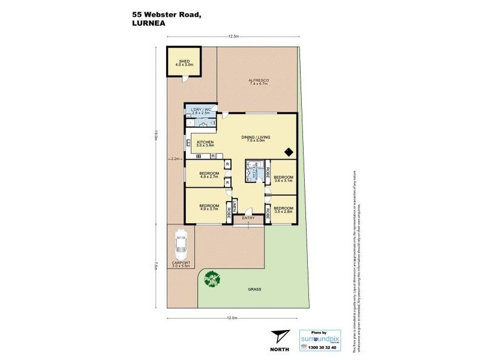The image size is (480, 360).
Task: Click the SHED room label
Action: tap(184, 62)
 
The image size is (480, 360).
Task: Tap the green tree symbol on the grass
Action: tap(211, 278)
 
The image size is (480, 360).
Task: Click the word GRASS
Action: tap(254, 289)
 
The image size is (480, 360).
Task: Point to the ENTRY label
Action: tap(248, 218)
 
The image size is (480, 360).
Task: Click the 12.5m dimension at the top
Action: tap(233, 37)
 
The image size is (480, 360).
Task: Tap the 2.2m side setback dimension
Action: tap(175, 159)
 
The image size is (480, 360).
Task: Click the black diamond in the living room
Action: tap(289, 151)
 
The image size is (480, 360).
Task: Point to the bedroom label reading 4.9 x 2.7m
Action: tap(209, 176)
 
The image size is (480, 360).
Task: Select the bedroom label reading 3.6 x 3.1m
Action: tap(284, 179)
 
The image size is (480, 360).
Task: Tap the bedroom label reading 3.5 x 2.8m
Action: tap(284, 209)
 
